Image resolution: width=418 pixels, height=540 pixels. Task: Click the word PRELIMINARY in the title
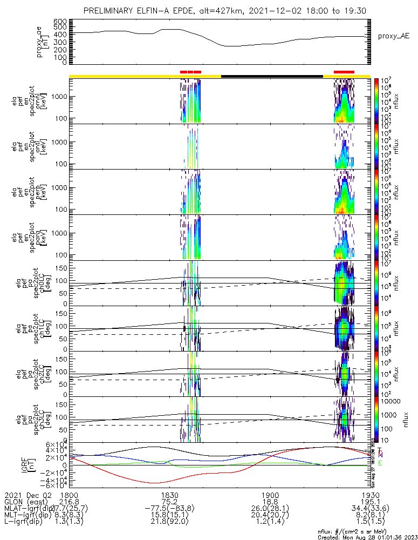pyautogui.click(x=110, y=11)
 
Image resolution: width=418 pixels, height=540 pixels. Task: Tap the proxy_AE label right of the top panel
pyautogui.click(x=393, y=36)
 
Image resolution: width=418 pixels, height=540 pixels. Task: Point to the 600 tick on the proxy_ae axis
pyautogui.click(x=60, y=21)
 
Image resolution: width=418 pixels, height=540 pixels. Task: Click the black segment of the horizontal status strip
pyautogui.click(x=272, y=76)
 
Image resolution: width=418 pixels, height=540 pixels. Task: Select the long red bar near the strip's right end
pyautogui.click(x=344, y=72)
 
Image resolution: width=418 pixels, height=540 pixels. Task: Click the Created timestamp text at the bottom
pyautogui.click(x=366, y=537)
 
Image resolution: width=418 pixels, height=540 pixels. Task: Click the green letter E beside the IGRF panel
pyautogui.click(x=380, y=463)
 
